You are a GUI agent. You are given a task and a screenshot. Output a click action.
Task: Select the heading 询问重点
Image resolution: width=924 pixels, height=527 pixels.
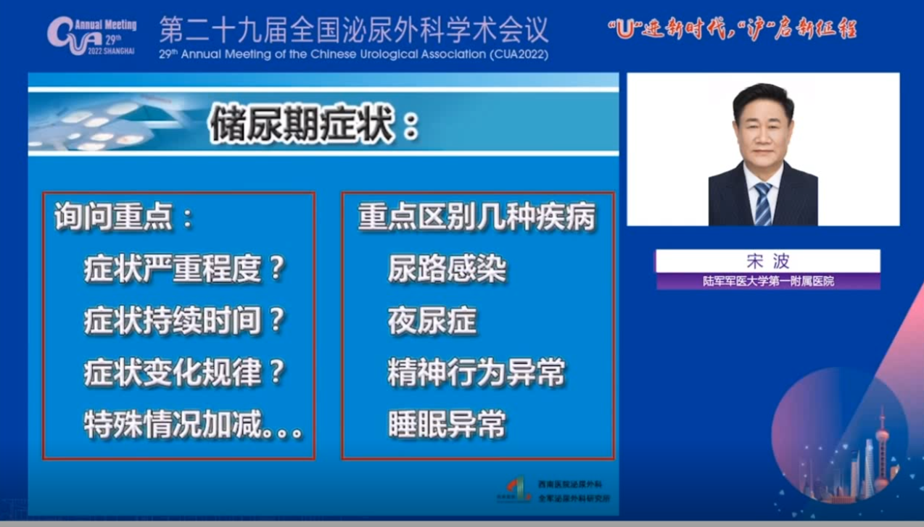124,217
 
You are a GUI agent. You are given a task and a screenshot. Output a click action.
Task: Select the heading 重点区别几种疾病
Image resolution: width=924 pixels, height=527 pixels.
477,217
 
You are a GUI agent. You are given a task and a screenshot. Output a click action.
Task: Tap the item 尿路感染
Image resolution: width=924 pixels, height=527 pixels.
447,270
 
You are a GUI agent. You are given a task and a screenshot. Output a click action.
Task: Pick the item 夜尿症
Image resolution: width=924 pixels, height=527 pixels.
432,322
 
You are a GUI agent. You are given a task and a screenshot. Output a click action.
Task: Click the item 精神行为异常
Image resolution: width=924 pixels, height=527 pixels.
477,373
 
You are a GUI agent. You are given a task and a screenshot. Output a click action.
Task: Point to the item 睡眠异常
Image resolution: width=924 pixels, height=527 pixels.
447,425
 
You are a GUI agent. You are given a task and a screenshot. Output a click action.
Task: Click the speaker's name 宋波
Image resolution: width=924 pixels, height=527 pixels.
767,261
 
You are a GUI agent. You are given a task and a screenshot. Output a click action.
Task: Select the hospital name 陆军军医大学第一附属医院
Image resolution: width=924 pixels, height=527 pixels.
768,281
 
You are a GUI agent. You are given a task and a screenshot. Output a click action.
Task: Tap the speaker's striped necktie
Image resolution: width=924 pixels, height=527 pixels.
762,202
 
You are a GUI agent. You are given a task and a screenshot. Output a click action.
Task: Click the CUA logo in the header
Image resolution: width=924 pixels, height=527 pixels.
91,34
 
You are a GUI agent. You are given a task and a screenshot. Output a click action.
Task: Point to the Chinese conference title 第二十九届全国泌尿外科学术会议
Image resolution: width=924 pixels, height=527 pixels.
354,30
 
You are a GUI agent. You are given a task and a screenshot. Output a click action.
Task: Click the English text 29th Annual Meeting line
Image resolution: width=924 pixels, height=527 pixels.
354,54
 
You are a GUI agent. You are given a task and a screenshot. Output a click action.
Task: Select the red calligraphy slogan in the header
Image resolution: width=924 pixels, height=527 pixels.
733,31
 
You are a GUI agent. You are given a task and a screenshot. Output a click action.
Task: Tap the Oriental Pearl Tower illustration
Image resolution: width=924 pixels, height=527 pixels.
883,449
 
